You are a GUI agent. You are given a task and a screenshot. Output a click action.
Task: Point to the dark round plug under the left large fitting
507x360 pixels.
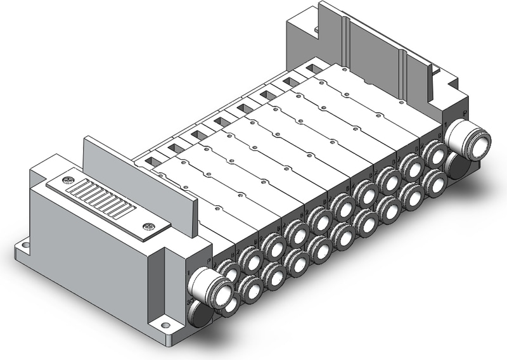201,315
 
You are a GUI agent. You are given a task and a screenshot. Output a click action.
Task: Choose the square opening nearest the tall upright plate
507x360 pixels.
152,161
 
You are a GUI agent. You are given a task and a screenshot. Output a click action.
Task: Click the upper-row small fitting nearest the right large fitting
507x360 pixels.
434,152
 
